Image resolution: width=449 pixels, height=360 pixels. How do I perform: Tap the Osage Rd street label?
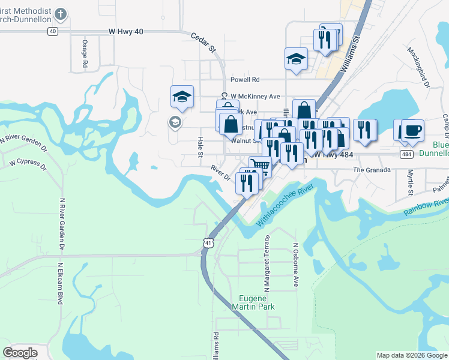pyautogui.click(x=85, y=53)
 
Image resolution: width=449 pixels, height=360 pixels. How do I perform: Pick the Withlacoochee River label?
pyautogui.click(x=286, y=206)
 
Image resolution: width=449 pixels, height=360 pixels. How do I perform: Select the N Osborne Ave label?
pyautogui.click(x=295, y=263)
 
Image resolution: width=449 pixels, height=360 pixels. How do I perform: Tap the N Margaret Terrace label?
pyautogui.click(x=268, y=259)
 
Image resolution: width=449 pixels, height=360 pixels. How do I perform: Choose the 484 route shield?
pyautogui.click(x=407, y=154)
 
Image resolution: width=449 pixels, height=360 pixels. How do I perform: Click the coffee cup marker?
pyautogui.click(x=412, y=130)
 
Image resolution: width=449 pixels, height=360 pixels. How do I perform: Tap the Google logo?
pyautogui.click(x=20, y=352)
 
